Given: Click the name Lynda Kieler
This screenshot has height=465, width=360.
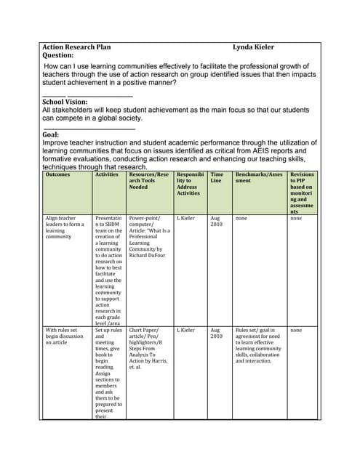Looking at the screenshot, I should [253, 47].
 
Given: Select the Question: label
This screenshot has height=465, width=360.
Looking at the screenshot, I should [58, 55].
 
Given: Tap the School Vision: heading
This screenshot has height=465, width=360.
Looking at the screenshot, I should [65, 102].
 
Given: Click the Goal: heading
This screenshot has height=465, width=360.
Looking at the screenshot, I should [51, 134].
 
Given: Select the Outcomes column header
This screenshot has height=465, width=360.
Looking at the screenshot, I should [58, 175].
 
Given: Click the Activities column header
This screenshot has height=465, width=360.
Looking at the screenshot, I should [106, 175].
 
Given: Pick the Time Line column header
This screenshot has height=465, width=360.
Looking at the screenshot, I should [217, 179].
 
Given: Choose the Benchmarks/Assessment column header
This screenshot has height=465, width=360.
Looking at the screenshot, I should [258, 179].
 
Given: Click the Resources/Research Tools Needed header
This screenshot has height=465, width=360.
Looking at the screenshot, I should [148, 181].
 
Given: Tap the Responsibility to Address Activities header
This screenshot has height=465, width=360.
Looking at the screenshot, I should [190, 184].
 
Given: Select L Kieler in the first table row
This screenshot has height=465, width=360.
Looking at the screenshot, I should [185, 218].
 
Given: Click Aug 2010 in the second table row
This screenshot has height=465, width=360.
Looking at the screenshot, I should [216, 333].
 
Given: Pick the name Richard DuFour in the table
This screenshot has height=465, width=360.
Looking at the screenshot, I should [148, 255].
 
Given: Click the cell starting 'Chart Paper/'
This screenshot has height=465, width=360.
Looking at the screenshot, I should [149, 348].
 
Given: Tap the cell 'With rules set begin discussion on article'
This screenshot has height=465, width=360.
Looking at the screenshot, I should [64, 336].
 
